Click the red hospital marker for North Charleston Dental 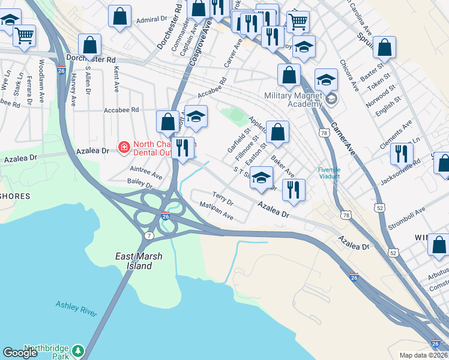124,146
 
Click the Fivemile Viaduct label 328,173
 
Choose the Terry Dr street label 223,199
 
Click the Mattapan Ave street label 216,211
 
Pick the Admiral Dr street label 151,20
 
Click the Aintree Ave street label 146,173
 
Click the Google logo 20,353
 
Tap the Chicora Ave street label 349,75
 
